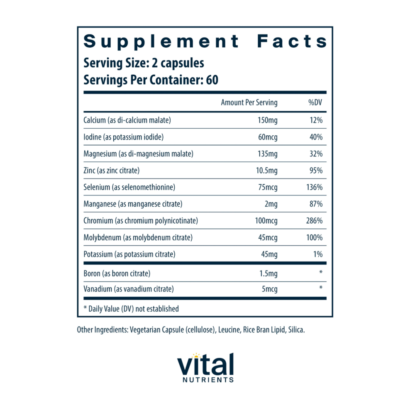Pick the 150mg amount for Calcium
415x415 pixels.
[267, 120]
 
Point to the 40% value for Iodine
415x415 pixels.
[316, 137]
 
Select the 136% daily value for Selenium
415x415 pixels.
[314, 187]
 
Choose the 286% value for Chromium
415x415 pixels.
[314, 221]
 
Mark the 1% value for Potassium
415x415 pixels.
[318, 254]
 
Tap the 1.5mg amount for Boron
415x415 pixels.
[268, 273]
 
